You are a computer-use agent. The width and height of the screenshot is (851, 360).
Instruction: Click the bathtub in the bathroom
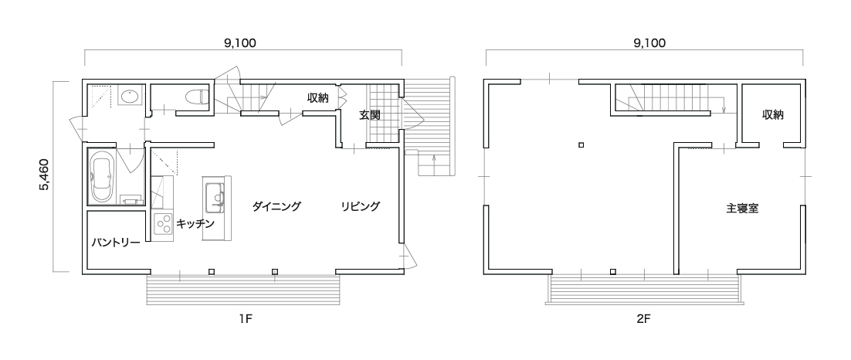point(101,178)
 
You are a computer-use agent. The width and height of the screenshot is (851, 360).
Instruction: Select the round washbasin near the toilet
point(129,97)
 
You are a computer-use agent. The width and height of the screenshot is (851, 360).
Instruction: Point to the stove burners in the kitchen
point(162,222)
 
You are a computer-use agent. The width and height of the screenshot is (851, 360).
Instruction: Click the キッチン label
point(195,224)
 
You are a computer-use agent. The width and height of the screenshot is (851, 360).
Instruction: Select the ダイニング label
point(276,206)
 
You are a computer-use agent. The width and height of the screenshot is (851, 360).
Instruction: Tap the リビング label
point(361,206)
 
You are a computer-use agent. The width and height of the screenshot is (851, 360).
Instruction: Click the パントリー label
point(115,242)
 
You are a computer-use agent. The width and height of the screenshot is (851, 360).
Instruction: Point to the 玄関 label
point(370,115)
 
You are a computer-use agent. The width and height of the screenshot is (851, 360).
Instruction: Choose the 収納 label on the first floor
point(318,98)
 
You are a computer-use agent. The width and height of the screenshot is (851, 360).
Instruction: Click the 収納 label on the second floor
point(773,114)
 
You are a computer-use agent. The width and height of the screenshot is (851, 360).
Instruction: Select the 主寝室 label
point(742,208)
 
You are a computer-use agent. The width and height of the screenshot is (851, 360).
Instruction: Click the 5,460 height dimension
point(44,175)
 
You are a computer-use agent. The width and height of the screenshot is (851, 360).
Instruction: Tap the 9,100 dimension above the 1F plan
point(239,43)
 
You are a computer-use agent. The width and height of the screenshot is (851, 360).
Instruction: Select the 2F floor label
point(644,319)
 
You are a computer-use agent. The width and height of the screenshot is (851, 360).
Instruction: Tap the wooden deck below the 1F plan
point(242,290)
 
